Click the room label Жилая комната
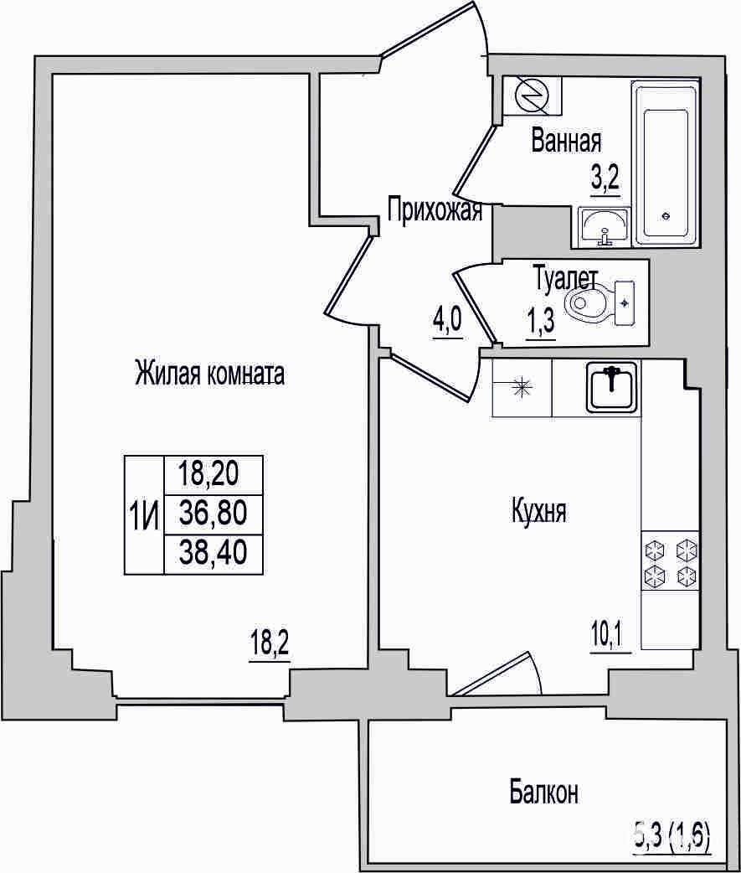tap(209, 374)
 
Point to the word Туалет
tap(566, 278)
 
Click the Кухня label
tap(538, 511)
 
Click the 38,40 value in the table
tap(213, 554)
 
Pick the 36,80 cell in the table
tap(213, 514)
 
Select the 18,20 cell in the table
tap(208, 474)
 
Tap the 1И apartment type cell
tap(144, 516)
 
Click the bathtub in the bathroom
tap(666, 163)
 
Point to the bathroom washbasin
tap(604, 226)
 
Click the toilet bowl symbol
tap(599, 302)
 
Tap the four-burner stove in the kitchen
tap(671, 560)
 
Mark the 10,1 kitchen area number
tap(610, 636)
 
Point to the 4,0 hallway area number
tap(447, 322)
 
